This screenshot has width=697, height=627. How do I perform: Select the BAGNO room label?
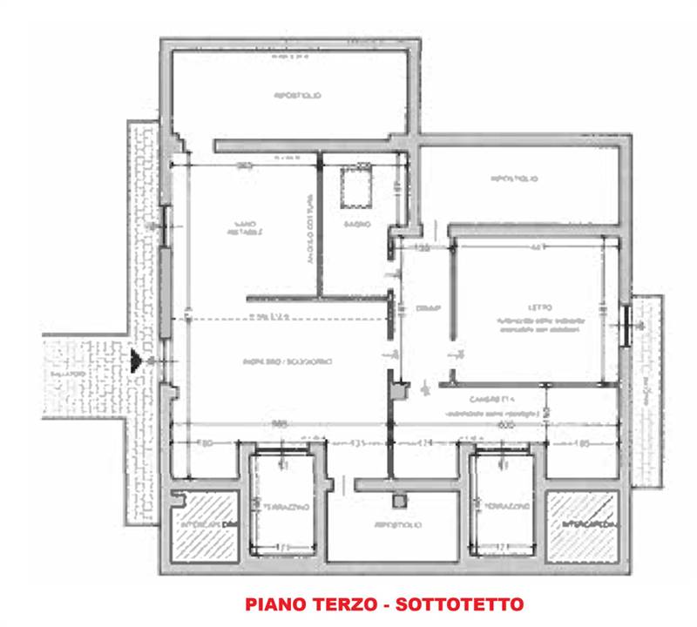362,224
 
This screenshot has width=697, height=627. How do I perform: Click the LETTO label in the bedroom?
538,307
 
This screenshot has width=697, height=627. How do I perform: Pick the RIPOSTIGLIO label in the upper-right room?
514,179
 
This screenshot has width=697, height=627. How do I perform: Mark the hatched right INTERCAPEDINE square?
582,525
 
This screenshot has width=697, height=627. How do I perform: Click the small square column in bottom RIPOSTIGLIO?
400,502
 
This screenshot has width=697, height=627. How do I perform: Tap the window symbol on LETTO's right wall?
628,322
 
